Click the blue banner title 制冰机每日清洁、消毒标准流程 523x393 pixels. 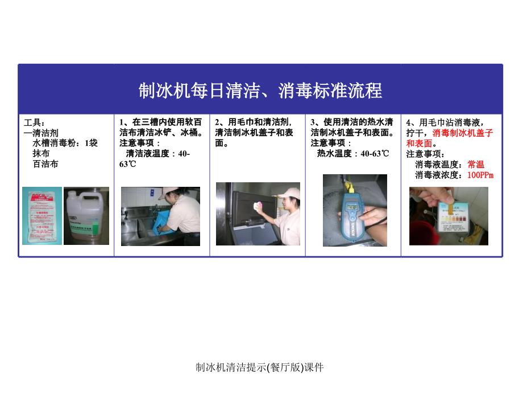click(260, 90)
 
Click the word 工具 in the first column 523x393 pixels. click(32, 122)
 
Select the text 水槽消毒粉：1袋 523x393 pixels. click(65, 143)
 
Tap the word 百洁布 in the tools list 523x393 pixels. click(45, 164)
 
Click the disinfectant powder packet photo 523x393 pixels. click(42, 216)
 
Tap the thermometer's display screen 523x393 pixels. click(352, 207)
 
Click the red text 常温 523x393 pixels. click(476, 165)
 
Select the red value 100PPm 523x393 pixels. click(480, 175)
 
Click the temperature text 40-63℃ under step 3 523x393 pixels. click(375, 154)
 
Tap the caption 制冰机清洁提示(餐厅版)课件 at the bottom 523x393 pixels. click(259, 367)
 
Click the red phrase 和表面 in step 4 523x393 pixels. click(420, 144)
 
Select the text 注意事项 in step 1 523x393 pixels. click(137, 143)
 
